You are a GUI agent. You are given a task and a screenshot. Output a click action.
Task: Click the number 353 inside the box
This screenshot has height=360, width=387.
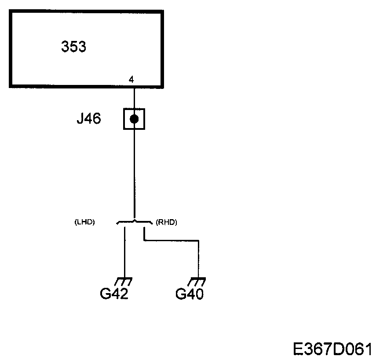click(73, 47)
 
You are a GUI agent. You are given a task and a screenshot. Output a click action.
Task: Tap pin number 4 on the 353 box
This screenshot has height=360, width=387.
click(131, 80)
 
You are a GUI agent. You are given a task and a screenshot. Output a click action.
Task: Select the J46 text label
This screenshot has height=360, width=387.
click(89, 119)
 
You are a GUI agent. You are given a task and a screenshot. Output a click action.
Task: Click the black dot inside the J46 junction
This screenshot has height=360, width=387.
click(134, 119)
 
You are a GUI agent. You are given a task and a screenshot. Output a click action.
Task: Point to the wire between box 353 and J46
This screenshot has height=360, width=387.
click(134, 97)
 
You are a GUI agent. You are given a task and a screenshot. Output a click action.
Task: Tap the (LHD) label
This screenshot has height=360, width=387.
click(85, 223)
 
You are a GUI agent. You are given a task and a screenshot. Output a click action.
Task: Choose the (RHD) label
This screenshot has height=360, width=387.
click(166, 223)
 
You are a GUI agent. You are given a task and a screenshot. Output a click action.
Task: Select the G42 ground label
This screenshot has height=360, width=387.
click(114, 294)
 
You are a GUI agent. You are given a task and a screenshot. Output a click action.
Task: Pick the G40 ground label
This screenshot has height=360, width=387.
click(190, 294)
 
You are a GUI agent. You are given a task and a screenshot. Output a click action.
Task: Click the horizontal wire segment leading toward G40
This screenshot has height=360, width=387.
click(172, 240)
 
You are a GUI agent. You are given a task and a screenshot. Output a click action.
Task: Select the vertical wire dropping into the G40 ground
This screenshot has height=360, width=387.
click(199, 260)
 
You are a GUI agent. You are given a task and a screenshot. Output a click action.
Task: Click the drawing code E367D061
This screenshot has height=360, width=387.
click(332, 349)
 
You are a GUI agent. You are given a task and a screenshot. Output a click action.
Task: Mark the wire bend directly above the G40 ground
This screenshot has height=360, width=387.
click(199, 240)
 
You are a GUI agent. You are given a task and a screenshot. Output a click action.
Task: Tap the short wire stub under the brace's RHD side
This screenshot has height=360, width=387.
click(144, 232)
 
